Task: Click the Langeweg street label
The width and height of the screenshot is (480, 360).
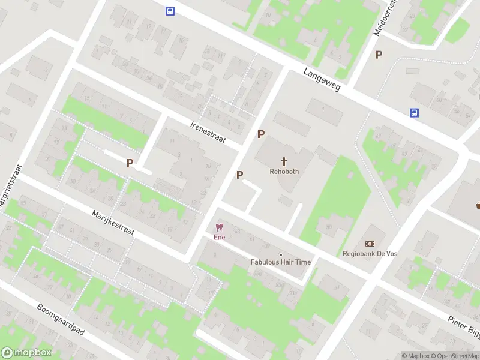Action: [x=322, y=79]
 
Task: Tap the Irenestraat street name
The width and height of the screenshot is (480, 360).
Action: [x=207, y=133]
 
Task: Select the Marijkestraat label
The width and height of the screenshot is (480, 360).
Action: [x=113, y=223]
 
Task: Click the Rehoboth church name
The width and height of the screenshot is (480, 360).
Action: [x=284, y=172]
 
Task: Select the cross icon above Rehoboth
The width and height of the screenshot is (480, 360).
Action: [x=284, y=161]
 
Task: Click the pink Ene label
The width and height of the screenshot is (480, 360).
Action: [x=219, y=237]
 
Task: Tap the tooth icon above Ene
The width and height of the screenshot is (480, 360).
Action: [x=219, y=227]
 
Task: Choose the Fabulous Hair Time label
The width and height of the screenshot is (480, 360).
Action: [x=281, y=262]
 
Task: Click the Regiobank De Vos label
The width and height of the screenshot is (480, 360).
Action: [x=370, y=254]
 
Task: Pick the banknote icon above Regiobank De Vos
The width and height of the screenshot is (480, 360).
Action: [x=370, y=244]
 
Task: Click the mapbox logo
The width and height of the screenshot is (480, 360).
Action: [x=26, y=353]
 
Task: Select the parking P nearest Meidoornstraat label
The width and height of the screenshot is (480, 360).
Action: [x=379, y=55]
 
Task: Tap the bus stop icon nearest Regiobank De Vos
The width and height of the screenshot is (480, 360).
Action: [x=414, y=112]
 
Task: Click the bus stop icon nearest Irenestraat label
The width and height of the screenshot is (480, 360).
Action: [x=170, y=11]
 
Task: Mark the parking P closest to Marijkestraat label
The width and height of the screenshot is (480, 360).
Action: [x=130, y=162]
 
